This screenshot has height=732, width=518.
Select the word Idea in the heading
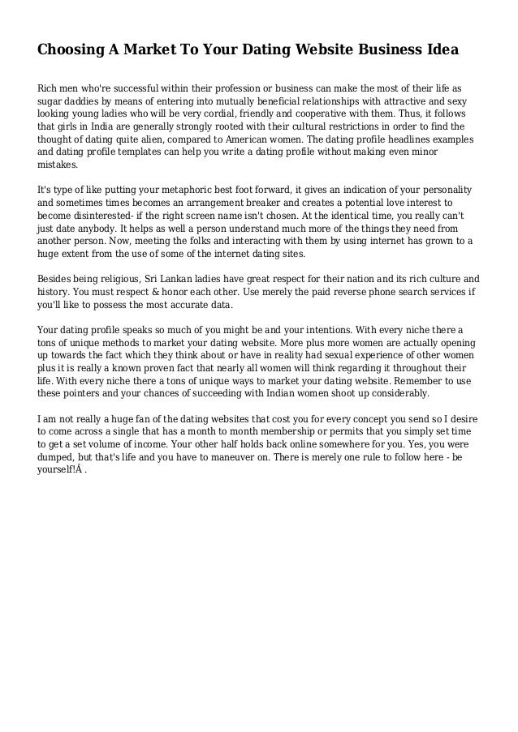coord(442,49)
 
